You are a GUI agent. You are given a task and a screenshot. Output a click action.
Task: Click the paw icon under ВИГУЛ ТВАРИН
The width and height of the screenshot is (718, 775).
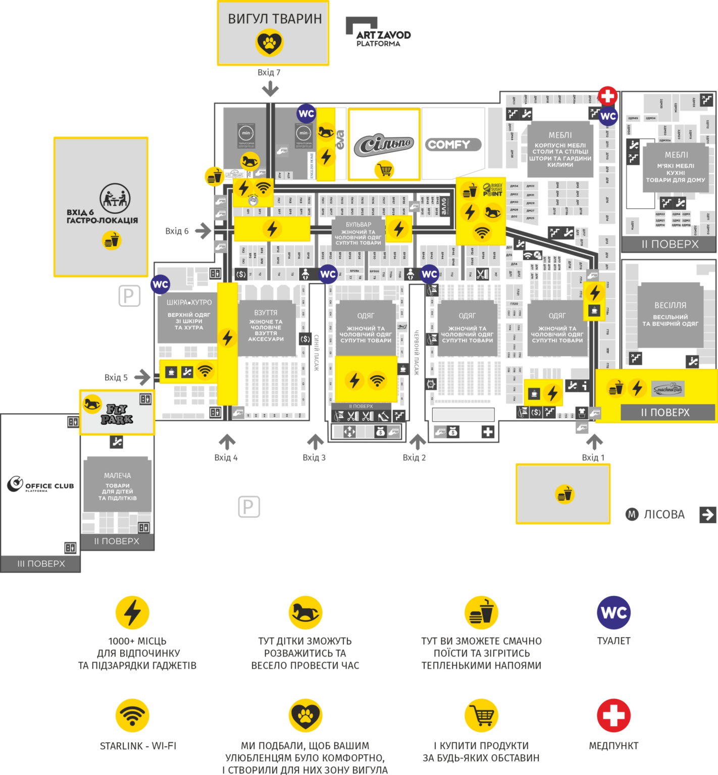270,42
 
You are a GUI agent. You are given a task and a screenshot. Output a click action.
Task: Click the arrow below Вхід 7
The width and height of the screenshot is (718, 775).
270,89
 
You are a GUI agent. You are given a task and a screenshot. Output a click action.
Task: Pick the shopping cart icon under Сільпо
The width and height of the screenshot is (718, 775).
384,170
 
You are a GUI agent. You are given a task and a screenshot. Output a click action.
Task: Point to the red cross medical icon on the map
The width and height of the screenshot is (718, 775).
607,96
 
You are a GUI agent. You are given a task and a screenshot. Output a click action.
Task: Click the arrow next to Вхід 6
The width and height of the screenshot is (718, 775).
203,231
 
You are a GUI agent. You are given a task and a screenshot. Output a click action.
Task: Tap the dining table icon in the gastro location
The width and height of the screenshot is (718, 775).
115,198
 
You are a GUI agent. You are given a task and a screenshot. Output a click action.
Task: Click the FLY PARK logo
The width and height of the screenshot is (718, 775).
117,413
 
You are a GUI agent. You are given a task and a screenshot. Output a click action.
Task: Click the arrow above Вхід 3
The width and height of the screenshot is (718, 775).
315,441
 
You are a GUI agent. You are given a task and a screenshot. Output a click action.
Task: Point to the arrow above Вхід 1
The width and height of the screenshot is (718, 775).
594,441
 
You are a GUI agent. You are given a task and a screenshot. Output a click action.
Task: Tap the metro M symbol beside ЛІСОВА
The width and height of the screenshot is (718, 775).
632,514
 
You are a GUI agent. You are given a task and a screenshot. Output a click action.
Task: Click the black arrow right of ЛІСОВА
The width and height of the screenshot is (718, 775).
707,514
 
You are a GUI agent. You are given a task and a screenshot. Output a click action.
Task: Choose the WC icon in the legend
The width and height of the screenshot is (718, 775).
613,613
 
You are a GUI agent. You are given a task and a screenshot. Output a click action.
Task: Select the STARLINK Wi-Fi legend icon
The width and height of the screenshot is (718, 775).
132,715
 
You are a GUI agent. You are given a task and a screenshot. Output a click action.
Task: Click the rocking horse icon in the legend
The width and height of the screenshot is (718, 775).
305,613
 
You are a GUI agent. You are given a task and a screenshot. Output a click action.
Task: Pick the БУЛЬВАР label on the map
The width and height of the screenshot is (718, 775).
358,225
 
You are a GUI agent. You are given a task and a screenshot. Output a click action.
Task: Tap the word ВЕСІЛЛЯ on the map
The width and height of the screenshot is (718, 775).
670,305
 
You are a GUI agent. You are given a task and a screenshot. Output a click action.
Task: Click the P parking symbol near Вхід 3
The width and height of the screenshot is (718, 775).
249,507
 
